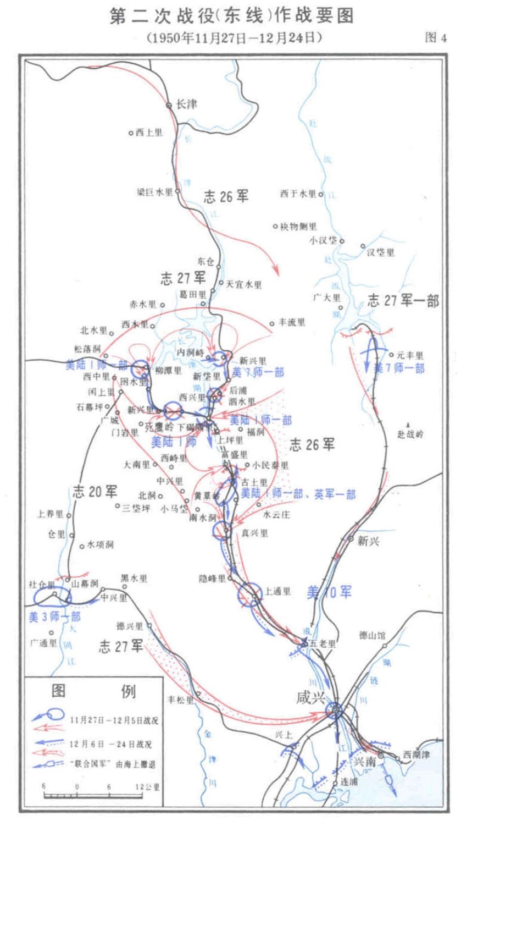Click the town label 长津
(x=186, y=104)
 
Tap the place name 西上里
(x=149, y=133)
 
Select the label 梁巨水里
(x=154, y=192)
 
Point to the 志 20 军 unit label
(x=95, y=491)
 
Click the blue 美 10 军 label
(x=329, y=592)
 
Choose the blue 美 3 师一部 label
(x=54, y=616)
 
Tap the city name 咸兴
(x=310, y=697)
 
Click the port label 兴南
(x=364, y=762)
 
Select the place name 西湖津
(x=416, y=755)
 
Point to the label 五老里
(x=323, y=643)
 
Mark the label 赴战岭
(x=410, y=434)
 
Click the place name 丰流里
(x=292, y=322)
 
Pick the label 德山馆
(x=372, y=635)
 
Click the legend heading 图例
(x=93, y=691)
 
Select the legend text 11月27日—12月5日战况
(x=114, y=720)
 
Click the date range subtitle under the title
(x=234, y=37)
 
